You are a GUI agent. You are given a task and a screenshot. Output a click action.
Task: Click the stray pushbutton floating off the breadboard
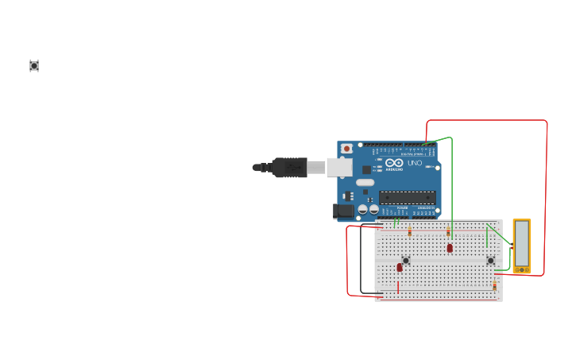[x=34, y=66]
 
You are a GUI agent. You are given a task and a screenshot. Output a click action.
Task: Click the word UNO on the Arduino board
[x=415, y=163]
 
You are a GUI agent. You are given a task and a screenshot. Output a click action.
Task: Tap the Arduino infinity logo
[x=394, y=162]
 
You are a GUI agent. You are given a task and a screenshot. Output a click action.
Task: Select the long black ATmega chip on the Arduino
[x=407, y=197]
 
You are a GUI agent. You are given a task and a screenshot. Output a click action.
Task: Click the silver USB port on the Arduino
[x=339, y=167]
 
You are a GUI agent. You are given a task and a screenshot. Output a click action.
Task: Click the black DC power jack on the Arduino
[x=343, y=211]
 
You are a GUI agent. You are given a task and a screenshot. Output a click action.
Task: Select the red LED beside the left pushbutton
[x=400, y=268]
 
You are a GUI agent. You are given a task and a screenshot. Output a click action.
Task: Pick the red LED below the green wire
[x=450, y=248]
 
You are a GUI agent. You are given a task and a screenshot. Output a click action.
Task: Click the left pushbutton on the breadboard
[x=406, y=260]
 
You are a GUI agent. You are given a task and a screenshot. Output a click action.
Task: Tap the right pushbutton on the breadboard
[x=490, y=260]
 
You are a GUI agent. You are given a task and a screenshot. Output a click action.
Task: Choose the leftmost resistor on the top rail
[x=410, y=232]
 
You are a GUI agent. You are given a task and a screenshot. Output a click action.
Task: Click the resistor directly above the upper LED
[x=448, y=232]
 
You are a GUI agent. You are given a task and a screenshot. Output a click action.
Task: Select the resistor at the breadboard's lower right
[x=494, y=285]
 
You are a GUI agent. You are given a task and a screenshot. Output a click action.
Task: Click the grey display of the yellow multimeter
[x=522, y=243]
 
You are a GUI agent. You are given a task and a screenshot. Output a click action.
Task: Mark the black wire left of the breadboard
[x=361, y=262]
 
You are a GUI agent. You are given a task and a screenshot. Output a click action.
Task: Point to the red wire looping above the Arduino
[x=486, y=121]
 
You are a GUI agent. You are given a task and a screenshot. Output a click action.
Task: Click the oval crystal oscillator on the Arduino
[x=365, y=182]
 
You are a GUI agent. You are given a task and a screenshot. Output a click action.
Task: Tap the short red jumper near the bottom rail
[x=398, y=285]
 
